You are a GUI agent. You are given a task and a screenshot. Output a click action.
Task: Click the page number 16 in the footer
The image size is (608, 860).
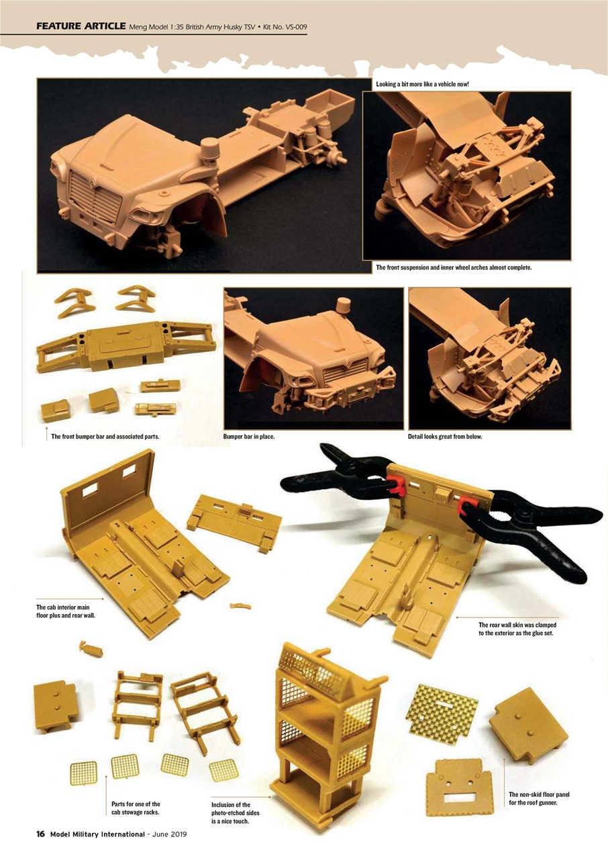coord(40,834)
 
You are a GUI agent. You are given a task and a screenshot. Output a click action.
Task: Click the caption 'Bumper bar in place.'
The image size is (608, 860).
coord(249,437)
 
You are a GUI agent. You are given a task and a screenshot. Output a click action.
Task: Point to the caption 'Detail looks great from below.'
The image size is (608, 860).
coord(444,437)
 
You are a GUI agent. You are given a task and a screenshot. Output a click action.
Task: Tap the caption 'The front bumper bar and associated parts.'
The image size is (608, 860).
coord(105,437)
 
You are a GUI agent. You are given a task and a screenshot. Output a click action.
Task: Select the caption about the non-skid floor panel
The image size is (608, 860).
coord(539,798)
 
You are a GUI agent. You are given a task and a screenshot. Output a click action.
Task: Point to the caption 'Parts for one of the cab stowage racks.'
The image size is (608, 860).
coord(136,808)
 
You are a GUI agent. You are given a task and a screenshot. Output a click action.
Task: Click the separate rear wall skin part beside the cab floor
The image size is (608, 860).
coord(235,518)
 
